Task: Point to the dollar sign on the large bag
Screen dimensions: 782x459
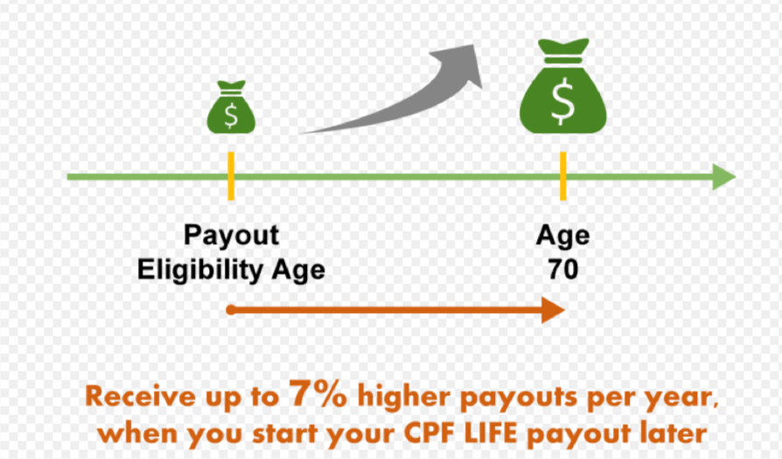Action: click(x=563, y=101)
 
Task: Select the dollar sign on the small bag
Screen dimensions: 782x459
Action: click(x=231, y=115)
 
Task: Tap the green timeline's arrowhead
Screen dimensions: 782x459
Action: click(x=724, y=177)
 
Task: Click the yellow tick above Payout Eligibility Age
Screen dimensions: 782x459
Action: click(x=231, y=176)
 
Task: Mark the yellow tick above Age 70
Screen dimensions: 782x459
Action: click(x=563, y=176)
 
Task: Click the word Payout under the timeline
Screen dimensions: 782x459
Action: click(x=232, y=236)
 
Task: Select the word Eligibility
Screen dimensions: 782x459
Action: click(x=201, y=271)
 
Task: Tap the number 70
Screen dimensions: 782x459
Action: click(x=563, y=269)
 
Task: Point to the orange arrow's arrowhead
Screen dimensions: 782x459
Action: click(x=553, y=310)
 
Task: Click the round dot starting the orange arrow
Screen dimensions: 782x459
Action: click(x=230, y=310)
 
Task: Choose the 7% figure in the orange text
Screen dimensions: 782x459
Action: click(x=318, y=394)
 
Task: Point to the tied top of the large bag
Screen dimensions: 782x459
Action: click(x=563, y=47)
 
